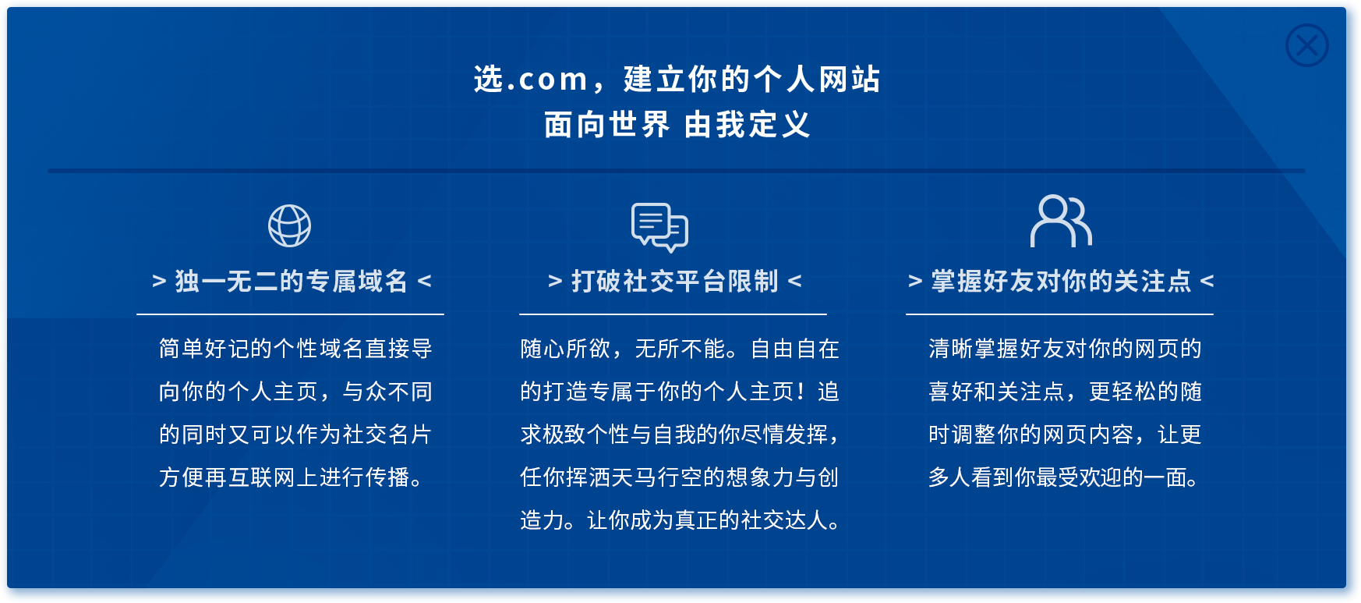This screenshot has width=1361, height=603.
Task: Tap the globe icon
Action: tap(289, 226)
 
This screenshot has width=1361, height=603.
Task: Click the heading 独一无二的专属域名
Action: tap(292, 281)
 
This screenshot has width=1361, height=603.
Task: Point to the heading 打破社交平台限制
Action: tap(675, 281)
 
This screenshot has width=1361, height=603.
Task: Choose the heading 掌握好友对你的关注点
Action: tap(1061, 281)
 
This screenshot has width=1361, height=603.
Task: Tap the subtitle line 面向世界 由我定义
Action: tap(677, 125)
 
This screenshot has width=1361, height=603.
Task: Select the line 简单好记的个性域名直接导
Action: tap(295, 349)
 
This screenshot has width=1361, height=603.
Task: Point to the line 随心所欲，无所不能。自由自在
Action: tap(680, 349)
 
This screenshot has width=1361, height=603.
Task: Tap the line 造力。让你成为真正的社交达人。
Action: tap(680, 520)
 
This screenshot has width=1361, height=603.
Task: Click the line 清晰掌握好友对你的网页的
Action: tap(1065, 349)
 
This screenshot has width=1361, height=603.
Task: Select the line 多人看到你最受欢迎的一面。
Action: tap(1063, 477)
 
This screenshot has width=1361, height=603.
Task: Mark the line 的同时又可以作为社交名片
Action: tap(295, 435)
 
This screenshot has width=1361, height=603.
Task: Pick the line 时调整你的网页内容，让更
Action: tap(1065, 435)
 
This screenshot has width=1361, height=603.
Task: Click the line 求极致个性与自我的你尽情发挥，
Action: tap(680, 435)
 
